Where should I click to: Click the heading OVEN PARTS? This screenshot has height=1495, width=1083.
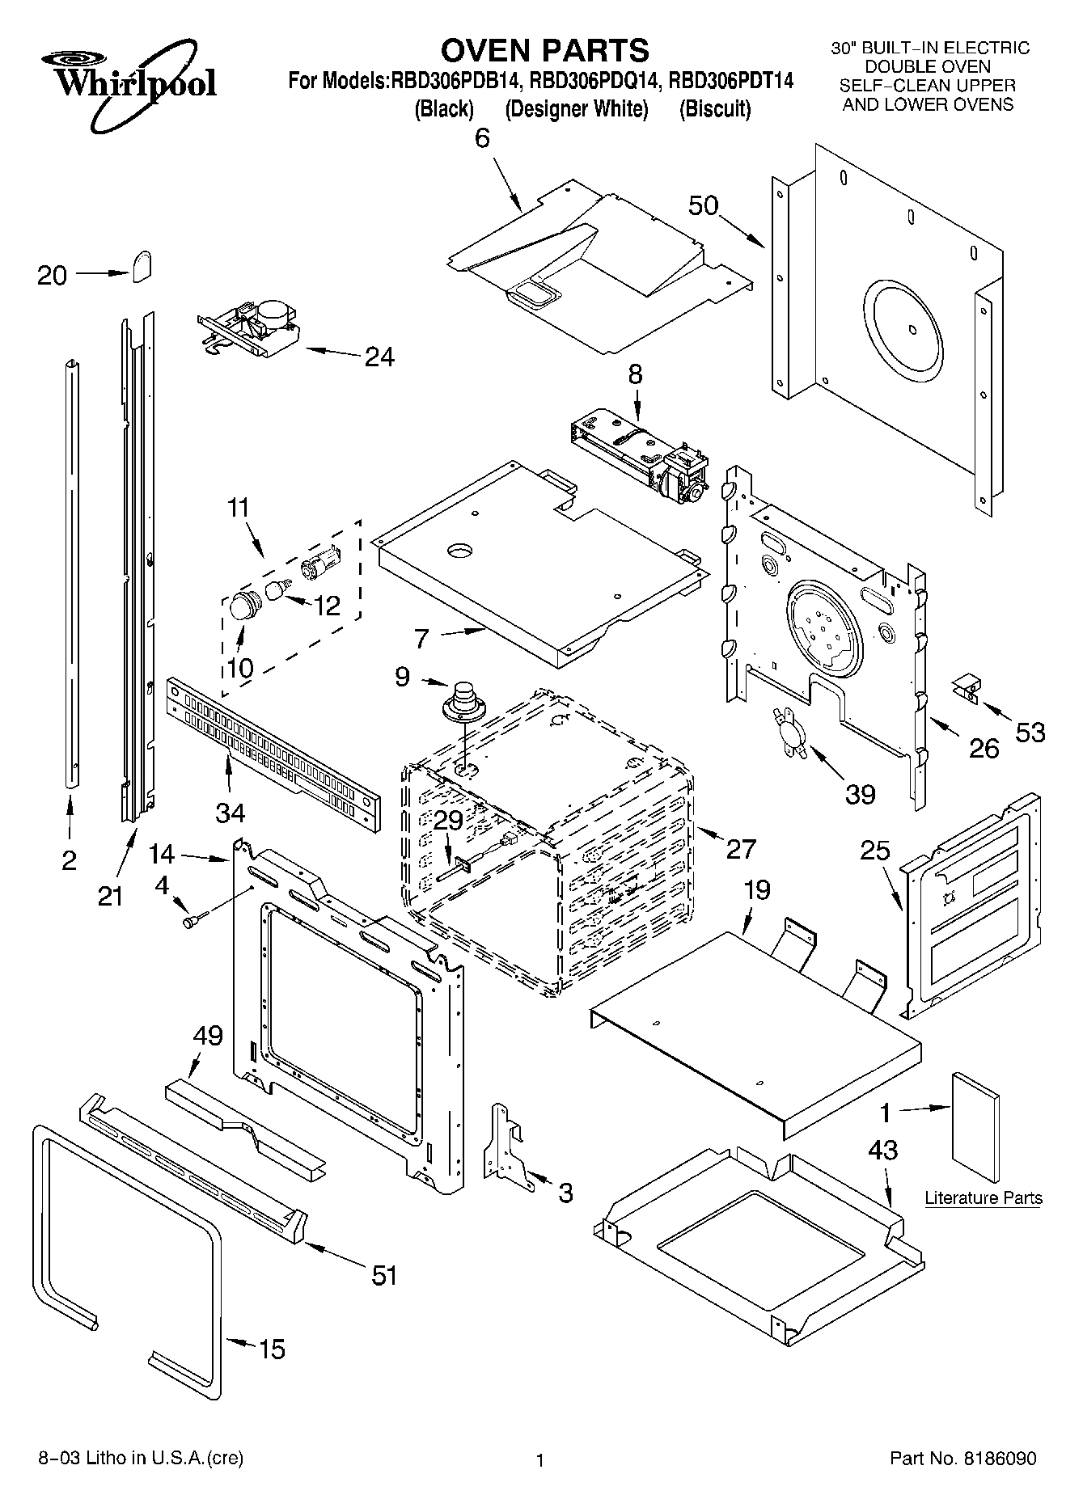tap(544, 50)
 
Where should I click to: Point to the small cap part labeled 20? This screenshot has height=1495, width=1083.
tap(142, 264)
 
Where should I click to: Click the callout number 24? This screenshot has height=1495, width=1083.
tap(379, 357)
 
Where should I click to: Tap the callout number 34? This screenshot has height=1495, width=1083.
tap(231, 810)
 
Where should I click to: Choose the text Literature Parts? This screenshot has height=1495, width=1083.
tap(983, 1198)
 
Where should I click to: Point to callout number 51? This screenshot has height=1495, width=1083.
tap(383, 1275)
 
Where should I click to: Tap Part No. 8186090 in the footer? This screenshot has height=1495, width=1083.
tap(962, 1459)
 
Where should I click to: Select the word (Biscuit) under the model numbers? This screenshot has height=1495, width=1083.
tap(714, 109)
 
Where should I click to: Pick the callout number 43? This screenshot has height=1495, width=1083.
tap(883, 1150)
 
